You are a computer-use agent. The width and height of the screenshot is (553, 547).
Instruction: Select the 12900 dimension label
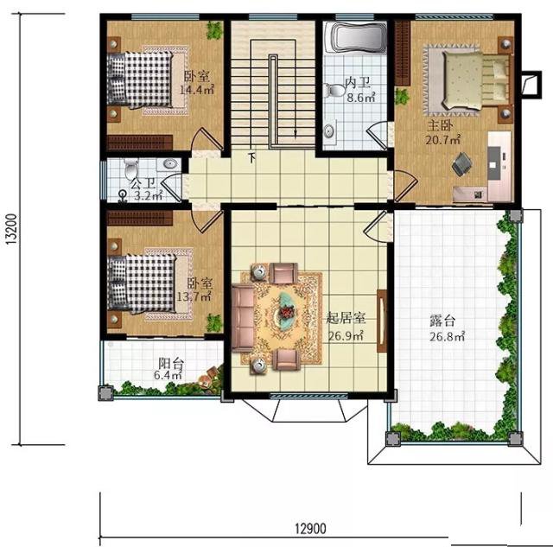(310, 529)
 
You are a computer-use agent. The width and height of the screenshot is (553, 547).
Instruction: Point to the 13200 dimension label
(11, 229)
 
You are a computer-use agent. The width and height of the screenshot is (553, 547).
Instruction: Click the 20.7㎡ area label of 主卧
(443, 140)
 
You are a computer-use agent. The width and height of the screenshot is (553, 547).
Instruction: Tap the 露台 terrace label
(442, 321)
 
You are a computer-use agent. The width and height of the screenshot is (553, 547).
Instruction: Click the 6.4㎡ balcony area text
(168, 374)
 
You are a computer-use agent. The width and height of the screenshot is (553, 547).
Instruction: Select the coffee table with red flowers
(287, 311)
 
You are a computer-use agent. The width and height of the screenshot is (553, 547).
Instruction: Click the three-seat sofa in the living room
(243, 319)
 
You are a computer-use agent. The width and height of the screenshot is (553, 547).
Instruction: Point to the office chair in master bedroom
(462, 163)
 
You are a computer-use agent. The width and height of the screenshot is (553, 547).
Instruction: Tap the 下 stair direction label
(252, 157)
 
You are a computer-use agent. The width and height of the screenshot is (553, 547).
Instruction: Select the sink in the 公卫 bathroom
(171, 164)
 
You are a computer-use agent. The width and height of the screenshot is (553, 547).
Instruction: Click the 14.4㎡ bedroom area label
(197, 90)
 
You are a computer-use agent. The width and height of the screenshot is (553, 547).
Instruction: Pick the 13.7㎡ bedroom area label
(194, 296)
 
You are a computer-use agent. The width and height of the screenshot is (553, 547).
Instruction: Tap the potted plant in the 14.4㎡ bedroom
(214, 30)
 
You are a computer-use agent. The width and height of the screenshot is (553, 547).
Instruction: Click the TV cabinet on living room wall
(382, 321)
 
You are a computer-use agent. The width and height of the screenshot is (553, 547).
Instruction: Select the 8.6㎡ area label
(361, 97)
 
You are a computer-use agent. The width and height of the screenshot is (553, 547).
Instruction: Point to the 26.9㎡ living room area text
(346, 336)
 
